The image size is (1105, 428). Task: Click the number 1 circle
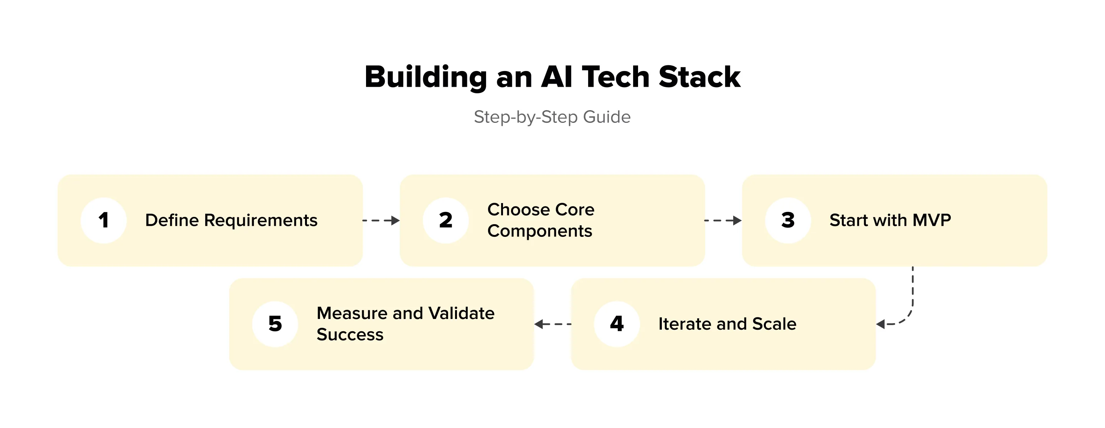tap(103, 220)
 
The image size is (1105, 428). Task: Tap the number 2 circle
tap(446, 220)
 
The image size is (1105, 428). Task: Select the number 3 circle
tap(788, 220)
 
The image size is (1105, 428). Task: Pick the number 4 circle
tap(617, 324)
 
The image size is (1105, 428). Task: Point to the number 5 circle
tap(275, 324)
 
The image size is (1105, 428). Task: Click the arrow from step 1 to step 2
tap(381, 221)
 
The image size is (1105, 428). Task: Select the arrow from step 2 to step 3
tap(723, 221)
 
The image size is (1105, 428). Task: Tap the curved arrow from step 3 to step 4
tap(909, 309)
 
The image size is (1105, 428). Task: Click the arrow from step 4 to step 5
tap(552, 324)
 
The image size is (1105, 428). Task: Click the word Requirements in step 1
tap(261, 220)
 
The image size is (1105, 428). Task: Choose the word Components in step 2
tap(539, 231)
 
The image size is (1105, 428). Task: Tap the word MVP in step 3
tap(932, 220)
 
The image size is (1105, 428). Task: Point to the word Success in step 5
tap(350, 335)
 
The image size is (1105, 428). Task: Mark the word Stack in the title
tap(699, 77)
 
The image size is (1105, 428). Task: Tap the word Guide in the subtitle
tap(607, 117)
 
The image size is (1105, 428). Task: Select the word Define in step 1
tap(172, 220)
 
